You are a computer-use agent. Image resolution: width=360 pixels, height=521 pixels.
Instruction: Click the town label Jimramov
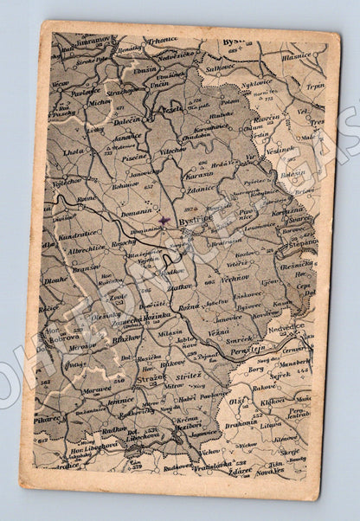pyautogui.click(x=95, y=40)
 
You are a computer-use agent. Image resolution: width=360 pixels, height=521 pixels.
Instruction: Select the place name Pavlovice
pyautogui.click(x=87, y=91)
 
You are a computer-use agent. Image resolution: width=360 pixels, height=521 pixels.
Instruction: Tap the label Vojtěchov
pyautogui.click(x=67, y=182)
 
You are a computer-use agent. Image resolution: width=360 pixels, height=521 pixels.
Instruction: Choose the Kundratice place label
pyautogui.click(x=76, y=235)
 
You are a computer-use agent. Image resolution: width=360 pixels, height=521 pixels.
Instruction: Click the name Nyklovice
pyautogui.click(x=257, y=83)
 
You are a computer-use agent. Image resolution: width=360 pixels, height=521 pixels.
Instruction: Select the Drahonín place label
pyautogui.click(x=241, y=424)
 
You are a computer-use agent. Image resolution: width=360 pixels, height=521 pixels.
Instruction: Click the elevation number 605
pyautogui.click(x=209, y=281)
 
